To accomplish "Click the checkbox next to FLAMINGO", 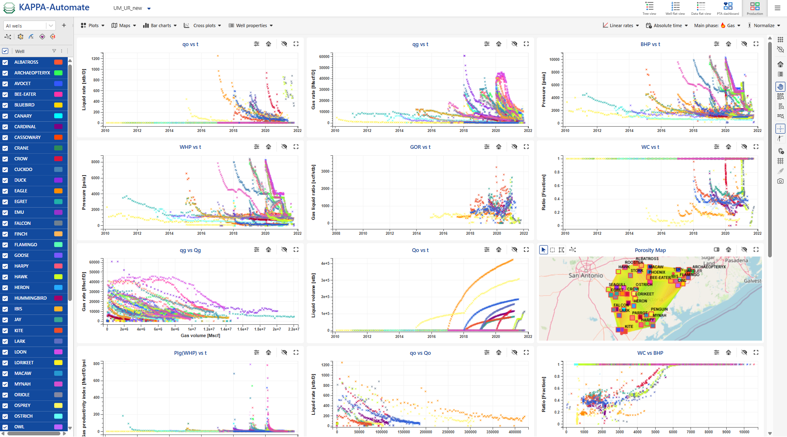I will (5, 245).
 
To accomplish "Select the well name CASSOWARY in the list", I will (28, 137).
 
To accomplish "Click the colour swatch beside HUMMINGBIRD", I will (58, 298).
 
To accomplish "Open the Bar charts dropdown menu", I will (160, 25).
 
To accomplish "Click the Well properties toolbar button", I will (250, 25).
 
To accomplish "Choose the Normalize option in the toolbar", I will (764, 25).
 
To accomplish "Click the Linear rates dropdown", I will (621, 25).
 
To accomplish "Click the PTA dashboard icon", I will (728, 8).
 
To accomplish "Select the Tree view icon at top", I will (649, 8).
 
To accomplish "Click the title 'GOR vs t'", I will (420, 147).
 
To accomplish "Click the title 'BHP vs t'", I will (650, 44).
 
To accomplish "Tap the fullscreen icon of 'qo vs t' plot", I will (296, 44).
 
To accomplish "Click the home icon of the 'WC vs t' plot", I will (728, 147).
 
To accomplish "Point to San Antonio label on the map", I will (585, 275).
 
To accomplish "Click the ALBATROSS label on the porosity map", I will (647, 259).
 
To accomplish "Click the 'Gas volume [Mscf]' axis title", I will (200, 335).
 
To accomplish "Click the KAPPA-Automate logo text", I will (54, 7).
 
